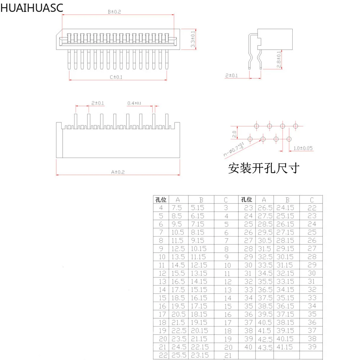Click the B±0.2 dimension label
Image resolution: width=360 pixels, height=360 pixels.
tap(114, 12)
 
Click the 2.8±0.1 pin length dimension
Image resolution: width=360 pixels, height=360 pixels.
tap(279, 59)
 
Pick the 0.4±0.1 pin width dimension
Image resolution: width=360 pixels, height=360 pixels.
tap(134, 103)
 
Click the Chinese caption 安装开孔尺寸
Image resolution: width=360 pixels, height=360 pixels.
tap(264, 168)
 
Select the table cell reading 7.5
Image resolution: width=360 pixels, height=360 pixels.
tap(177, 208)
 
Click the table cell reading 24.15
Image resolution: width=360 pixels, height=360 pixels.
tap(285, 208)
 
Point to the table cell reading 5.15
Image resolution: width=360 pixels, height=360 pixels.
tap(198, 208)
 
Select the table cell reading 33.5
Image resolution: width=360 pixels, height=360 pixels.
tap(265, 265)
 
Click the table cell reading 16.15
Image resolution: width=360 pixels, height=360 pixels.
tap(199, 298)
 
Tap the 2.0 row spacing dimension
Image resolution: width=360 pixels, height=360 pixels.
tap(234, 134)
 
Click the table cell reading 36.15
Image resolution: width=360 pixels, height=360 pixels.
tap(285, 306)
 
